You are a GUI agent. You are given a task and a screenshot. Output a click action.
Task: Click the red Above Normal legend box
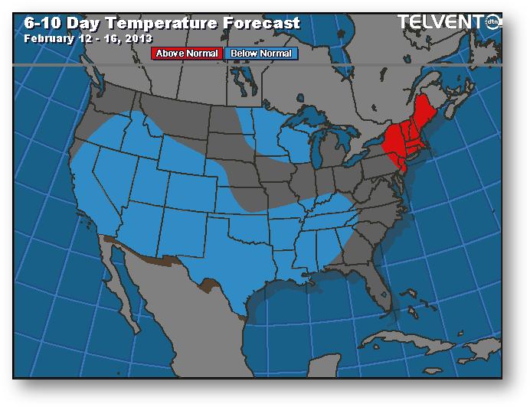click(188, 54)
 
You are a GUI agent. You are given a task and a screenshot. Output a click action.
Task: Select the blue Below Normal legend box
click(261, 54)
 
